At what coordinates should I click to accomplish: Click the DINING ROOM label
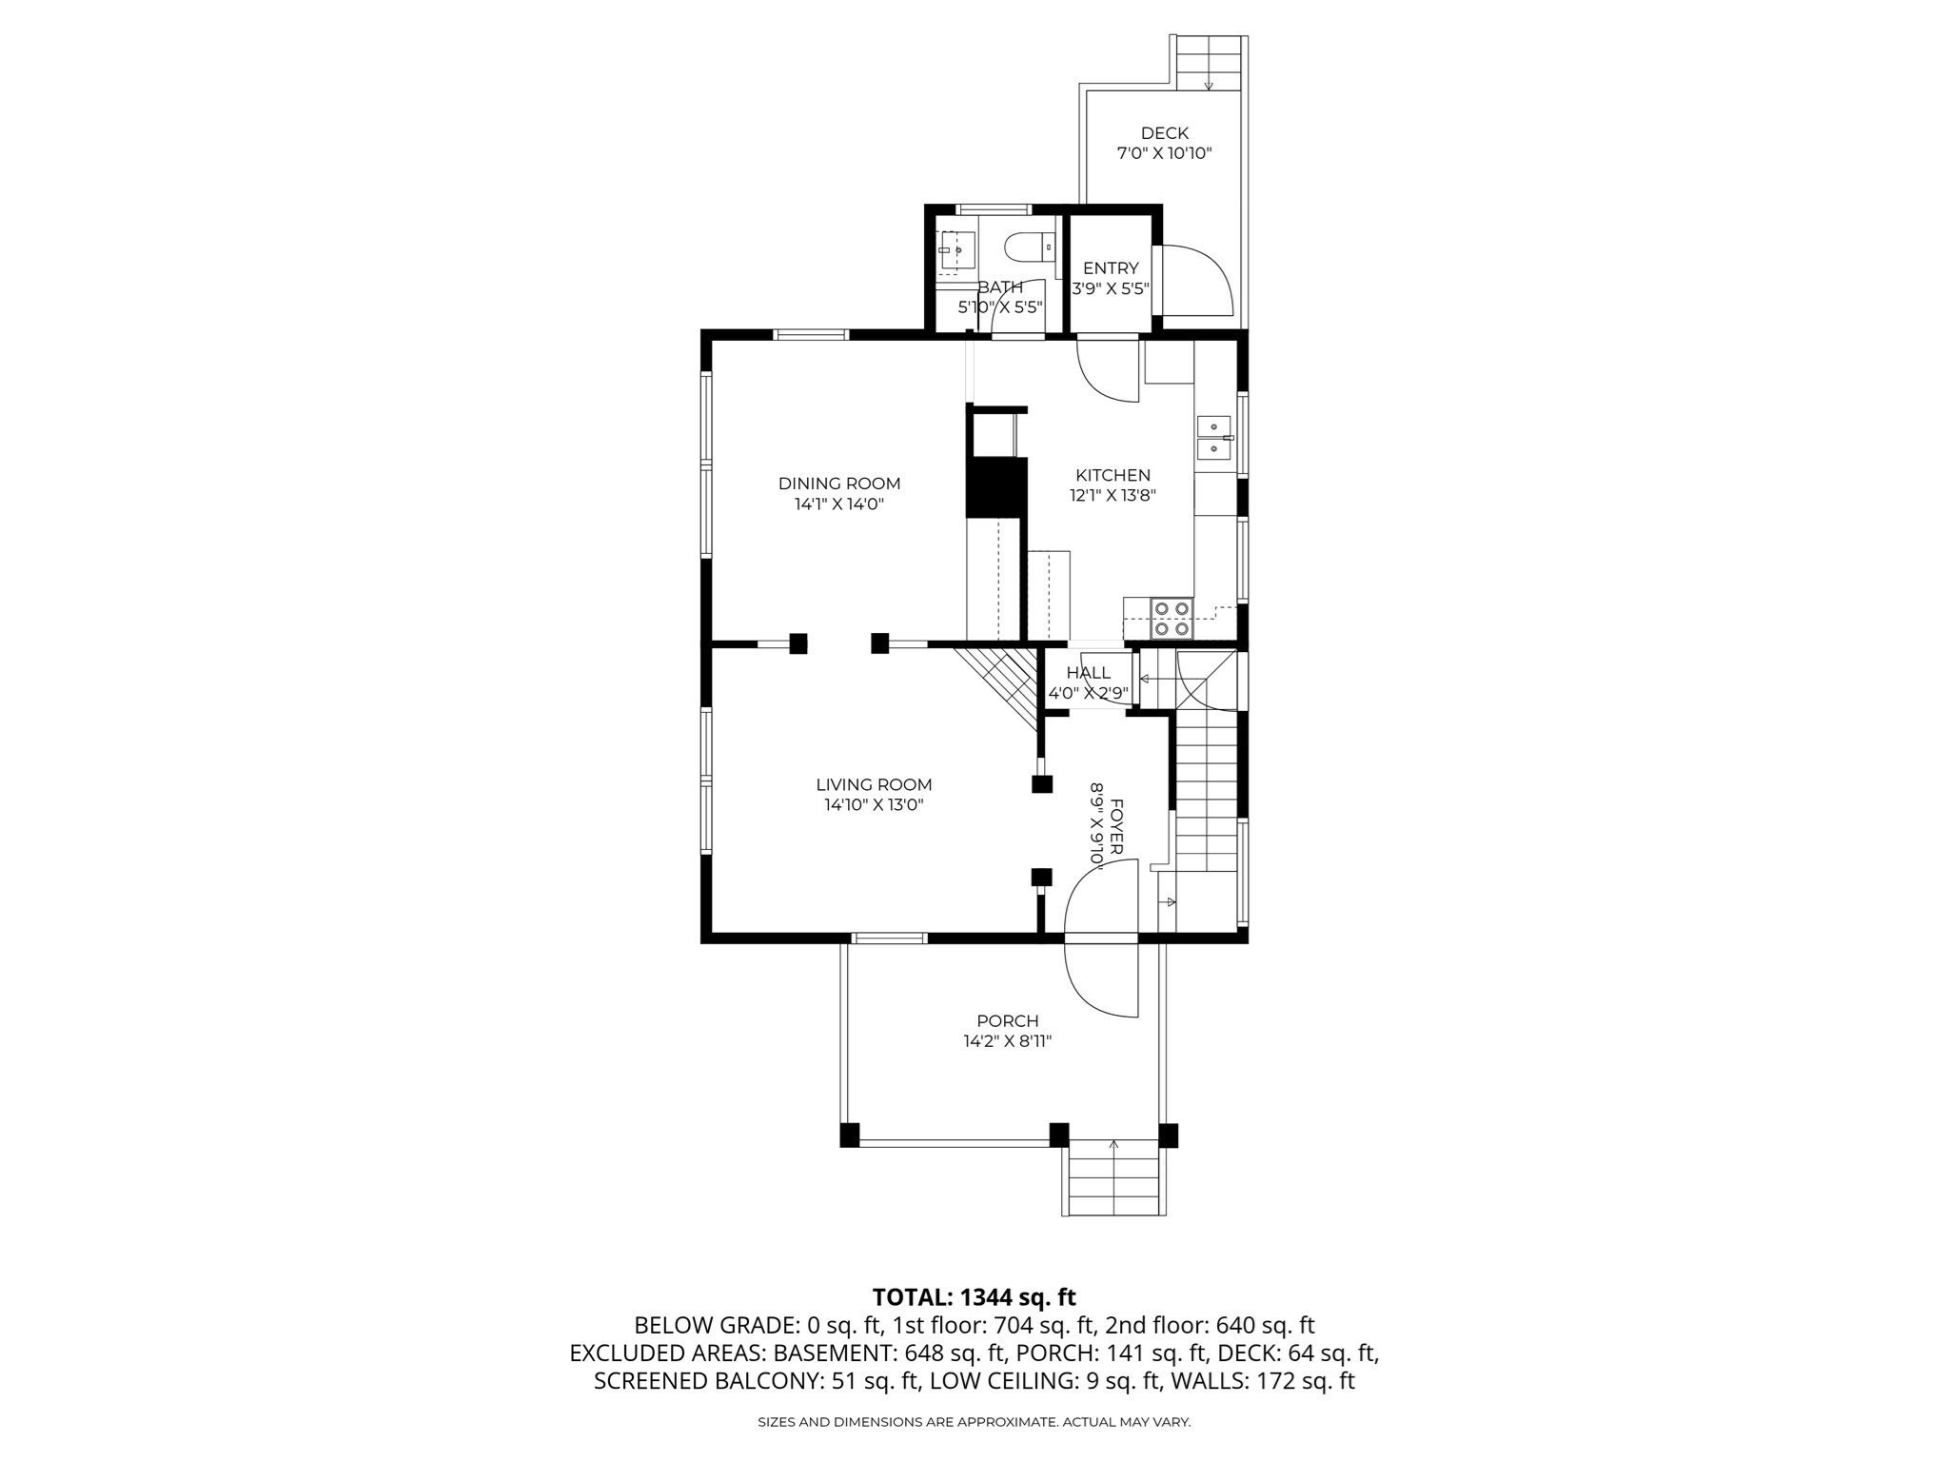839,484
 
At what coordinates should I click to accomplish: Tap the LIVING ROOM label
874,784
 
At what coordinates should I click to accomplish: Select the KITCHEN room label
1112,475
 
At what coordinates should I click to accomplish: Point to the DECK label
1164,133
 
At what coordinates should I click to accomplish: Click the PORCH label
1007,1021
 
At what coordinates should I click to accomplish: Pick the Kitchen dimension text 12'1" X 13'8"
1112,495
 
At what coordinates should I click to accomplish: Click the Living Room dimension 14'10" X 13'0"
874,805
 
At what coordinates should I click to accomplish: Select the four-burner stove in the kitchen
1171,618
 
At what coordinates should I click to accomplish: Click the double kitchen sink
1214,437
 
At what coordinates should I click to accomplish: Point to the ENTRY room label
1111,268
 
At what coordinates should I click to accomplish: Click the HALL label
1089,673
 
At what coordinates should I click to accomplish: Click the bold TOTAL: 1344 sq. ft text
974,1297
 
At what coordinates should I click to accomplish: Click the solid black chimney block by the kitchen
996,487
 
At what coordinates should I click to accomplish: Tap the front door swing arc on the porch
1088,983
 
